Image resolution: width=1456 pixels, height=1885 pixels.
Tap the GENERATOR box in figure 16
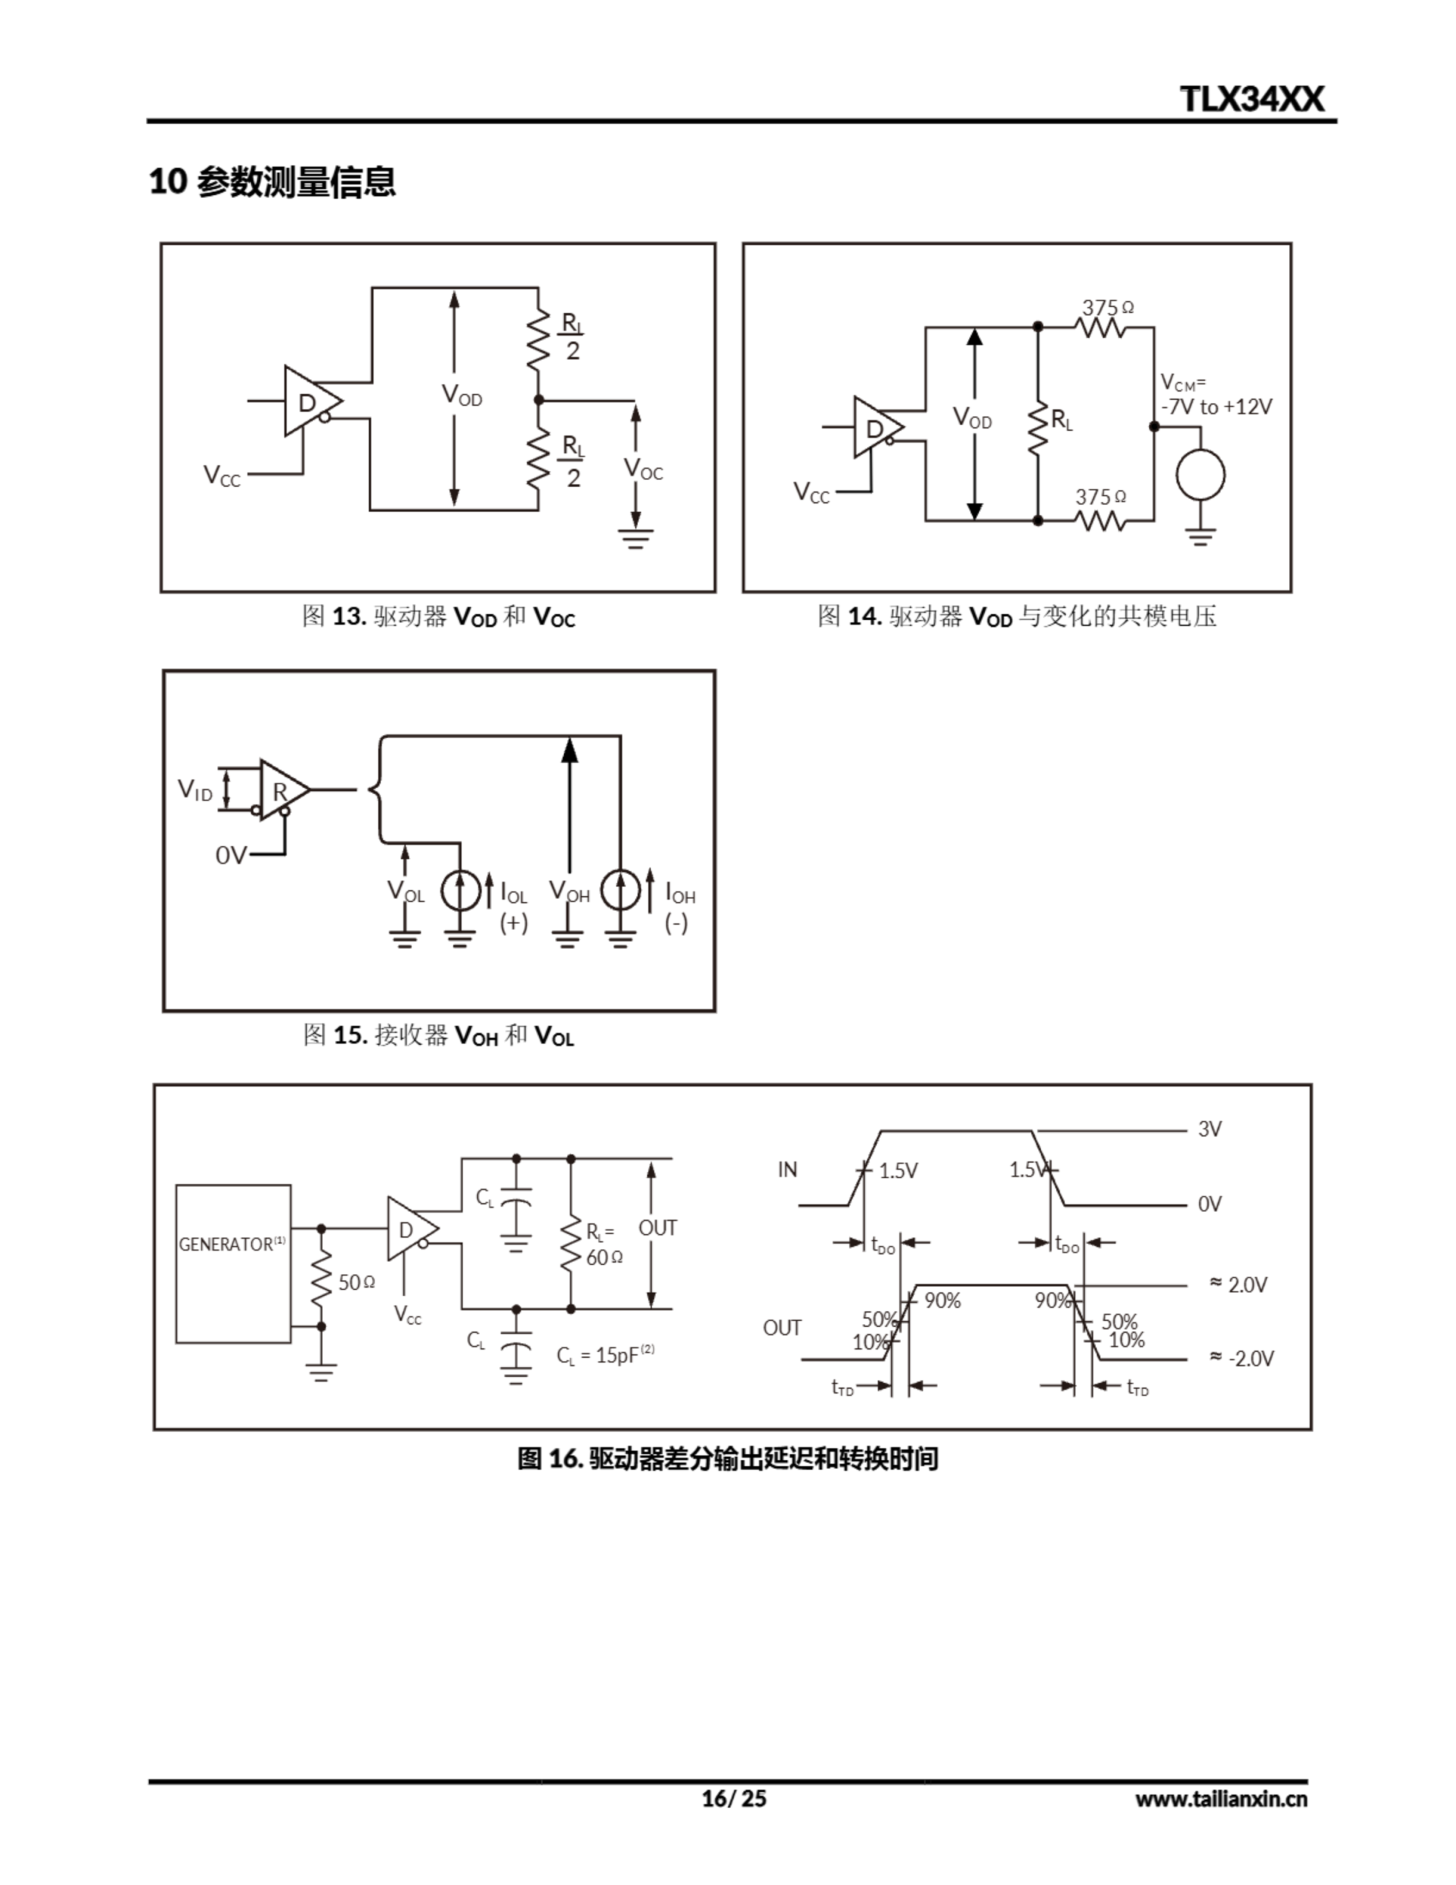tap(233, 1263)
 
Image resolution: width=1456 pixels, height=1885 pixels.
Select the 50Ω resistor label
tap(356, 1283)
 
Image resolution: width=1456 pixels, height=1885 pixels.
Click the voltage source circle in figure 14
tap(1201, 474)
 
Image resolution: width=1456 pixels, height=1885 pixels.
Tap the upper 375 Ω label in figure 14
tap(1107, 307)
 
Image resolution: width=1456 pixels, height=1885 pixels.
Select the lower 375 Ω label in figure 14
tap(1100, 497)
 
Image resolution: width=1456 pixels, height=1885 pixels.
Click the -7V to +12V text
tap(1216, 406)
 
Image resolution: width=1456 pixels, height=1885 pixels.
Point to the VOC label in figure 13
tap(643, 470)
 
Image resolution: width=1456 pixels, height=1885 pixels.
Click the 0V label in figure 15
tap(230, 856)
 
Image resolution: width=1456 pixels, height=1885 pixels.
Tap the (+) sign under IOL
tap(514, 923)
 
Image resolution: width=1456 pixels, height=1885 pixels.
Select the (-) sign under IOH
tap(676, 923)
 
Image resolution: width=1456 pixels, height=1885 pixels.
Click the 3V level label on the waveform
tap(1209, 1129)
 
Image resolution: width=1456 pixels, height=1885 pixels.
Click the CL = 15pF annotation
tap(604, 1355)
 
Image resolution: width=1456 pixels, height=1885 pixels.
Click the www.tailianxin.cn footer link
tap(1220, 1798)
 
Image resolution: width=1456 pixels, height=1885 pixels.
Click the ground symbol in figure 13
tap(636, 540)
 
